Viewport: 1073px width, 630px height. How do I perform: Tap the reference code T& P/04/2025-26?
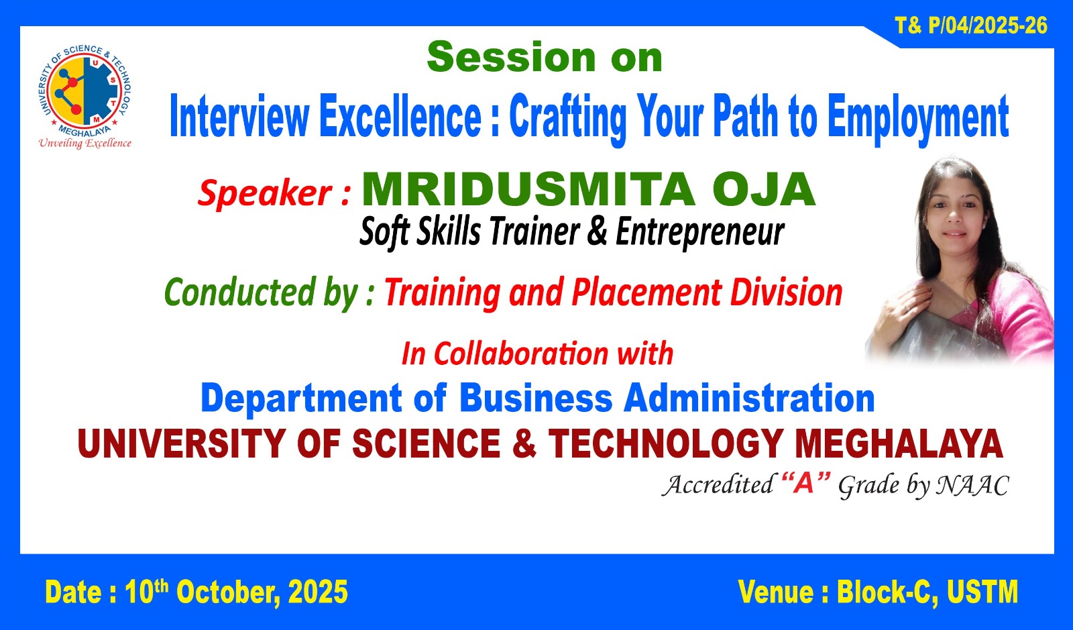[x=971, y=25]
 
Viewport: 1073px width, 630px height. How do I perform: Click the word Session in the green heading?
[x=511, y=57]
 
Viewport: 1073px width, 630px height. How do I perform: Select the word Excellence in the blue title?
[x=400, y=116]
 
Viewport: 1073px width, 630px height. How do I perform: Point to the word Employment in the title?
[x=918, y=118]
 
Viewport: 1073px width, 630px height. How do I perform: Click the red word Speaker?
[x=265, y=193]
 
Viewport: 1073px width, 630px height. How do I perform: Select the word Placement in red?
[x=646, y=293]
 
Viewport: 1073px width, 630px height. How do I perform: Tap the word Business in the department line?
[x=536, y=398]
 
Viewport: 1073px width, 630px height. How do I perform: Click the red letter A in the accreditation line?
[x=803, y=484]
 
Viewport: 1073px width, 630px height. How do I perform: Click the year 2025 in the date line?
[x=318, y=592]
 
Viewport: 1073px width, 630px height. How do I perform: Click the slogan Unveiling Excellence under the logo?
[x=84, y=144]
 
